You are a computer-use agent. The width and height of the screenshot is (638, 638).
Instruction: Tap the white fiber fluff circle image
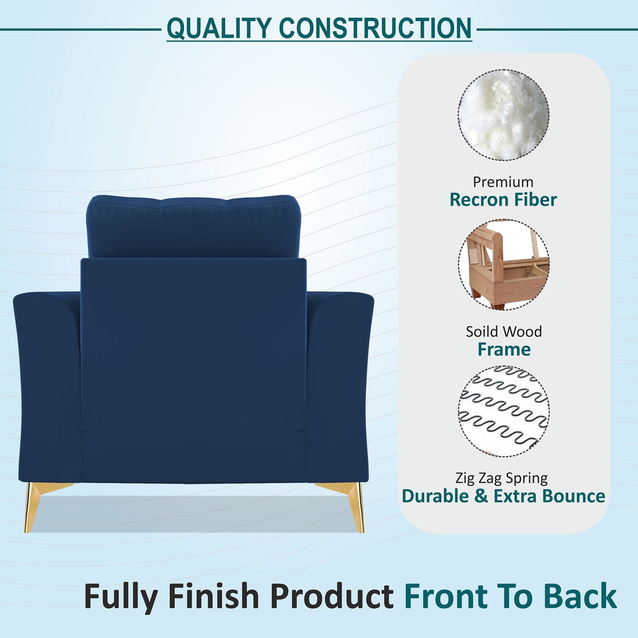point(503,115)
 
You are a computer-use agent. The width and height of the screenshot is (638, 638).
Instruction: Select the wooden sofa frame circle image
point(503,265)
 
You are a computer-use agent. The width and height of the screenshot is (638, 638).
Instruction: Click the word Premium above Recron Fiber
point(503,182)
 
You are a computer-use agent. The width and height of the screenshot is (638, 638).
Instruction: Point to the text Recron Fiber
point(503,200)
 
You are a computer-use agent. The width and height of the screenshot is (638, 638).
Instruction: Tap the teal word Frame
point(504,349)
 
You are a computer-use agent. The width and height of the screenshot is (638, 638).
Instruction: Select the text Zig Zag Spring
point(502,478)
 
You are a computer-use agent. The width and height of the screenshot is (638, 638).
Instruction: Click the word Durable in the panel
point(435,496)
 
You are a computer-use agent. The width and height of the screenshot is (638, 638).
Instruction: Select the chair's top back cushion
point(193,226)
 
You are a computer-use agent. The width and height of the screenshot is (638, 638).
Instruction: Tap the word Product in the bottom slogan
point(332,596)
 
